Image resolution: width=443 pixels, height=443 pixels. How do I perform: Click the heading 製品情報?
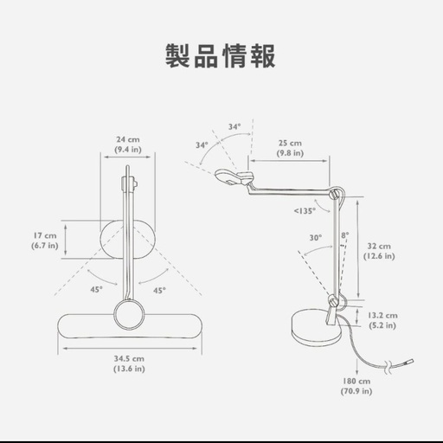point(221,56)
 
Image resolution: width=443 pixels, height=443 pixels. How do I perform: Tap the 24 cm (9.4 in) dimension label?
point(128,144)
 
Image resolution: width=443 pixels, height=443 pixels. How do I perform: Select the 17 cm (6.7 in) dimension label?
point(45,241)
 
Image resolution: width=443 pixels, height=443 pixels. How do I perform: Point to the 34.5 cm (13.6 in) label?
point(129,363)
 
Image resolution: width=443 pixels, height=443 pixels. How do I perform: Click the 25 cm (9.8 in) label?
point(290,148)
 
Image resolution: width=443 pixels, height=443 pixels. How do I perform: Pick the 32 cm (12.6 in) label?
point(379,251)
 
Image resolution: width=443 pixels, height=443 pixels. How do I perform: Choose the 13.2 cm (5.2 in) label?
point(382,320)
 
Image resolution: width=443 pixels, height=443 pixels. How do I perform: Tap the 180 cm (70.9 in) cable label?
point(356,386)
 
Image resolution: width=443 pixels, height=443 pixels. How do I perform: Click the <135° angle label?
point(305,211)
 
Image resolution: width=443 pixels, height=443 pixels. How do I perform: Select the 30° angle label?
point(316,238)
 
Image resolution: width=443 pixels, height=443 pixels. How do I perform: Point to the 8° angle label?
point(345,235)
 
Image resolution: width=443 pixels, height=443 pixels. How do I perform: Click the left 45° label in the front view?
point(96,289)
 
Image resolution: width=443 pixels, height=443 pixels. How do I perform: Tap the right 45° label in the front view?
point(159,290)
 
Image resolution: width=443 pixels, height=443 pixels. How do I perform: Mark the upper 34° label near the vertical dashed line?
point(234,126)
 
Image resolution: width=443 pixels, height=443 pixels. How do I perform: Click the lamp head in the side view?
point(234,177)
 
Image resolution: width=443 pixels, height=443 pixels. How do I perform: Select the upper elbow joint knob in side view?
point(335,194)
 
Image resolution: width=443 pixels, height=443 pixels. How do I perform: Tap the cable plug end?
point(408,362)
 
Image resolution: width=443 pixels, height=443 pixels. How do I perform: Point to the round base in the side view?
point(316,328)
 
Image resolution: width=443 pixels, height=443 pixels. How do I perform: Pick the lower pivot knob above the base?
point(334,302)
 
